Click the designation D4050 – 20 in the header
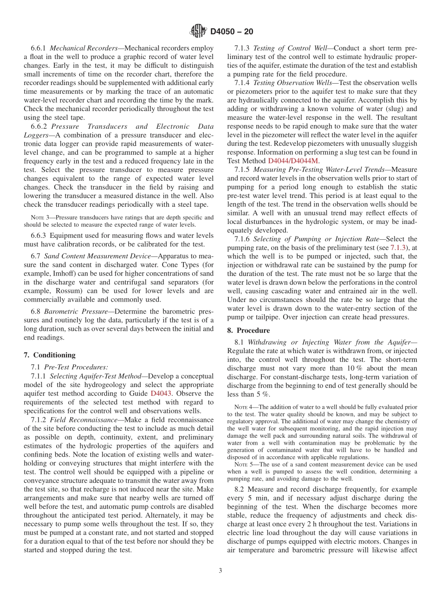tap(232, 32)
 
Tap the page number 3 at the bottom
tap(220, 571)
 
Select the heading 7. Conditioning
tap(49, 355)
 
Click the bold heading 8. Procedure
tap(248, 330)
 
